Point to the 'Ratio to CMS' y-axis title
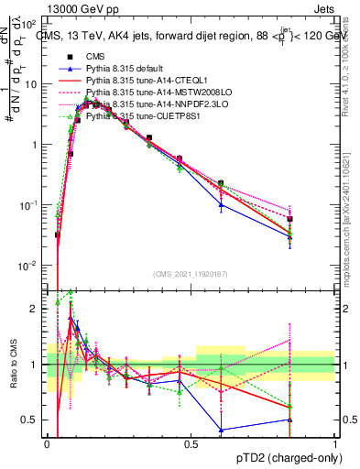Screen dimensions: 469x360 13,365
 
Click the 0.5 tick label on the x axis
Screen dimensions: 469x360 191,443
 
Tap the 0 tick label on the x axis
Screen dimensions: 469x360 48,443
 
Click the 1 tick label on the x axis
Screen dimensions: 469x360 334,443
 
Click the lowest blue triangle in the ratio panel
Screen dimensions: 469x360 221,429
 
